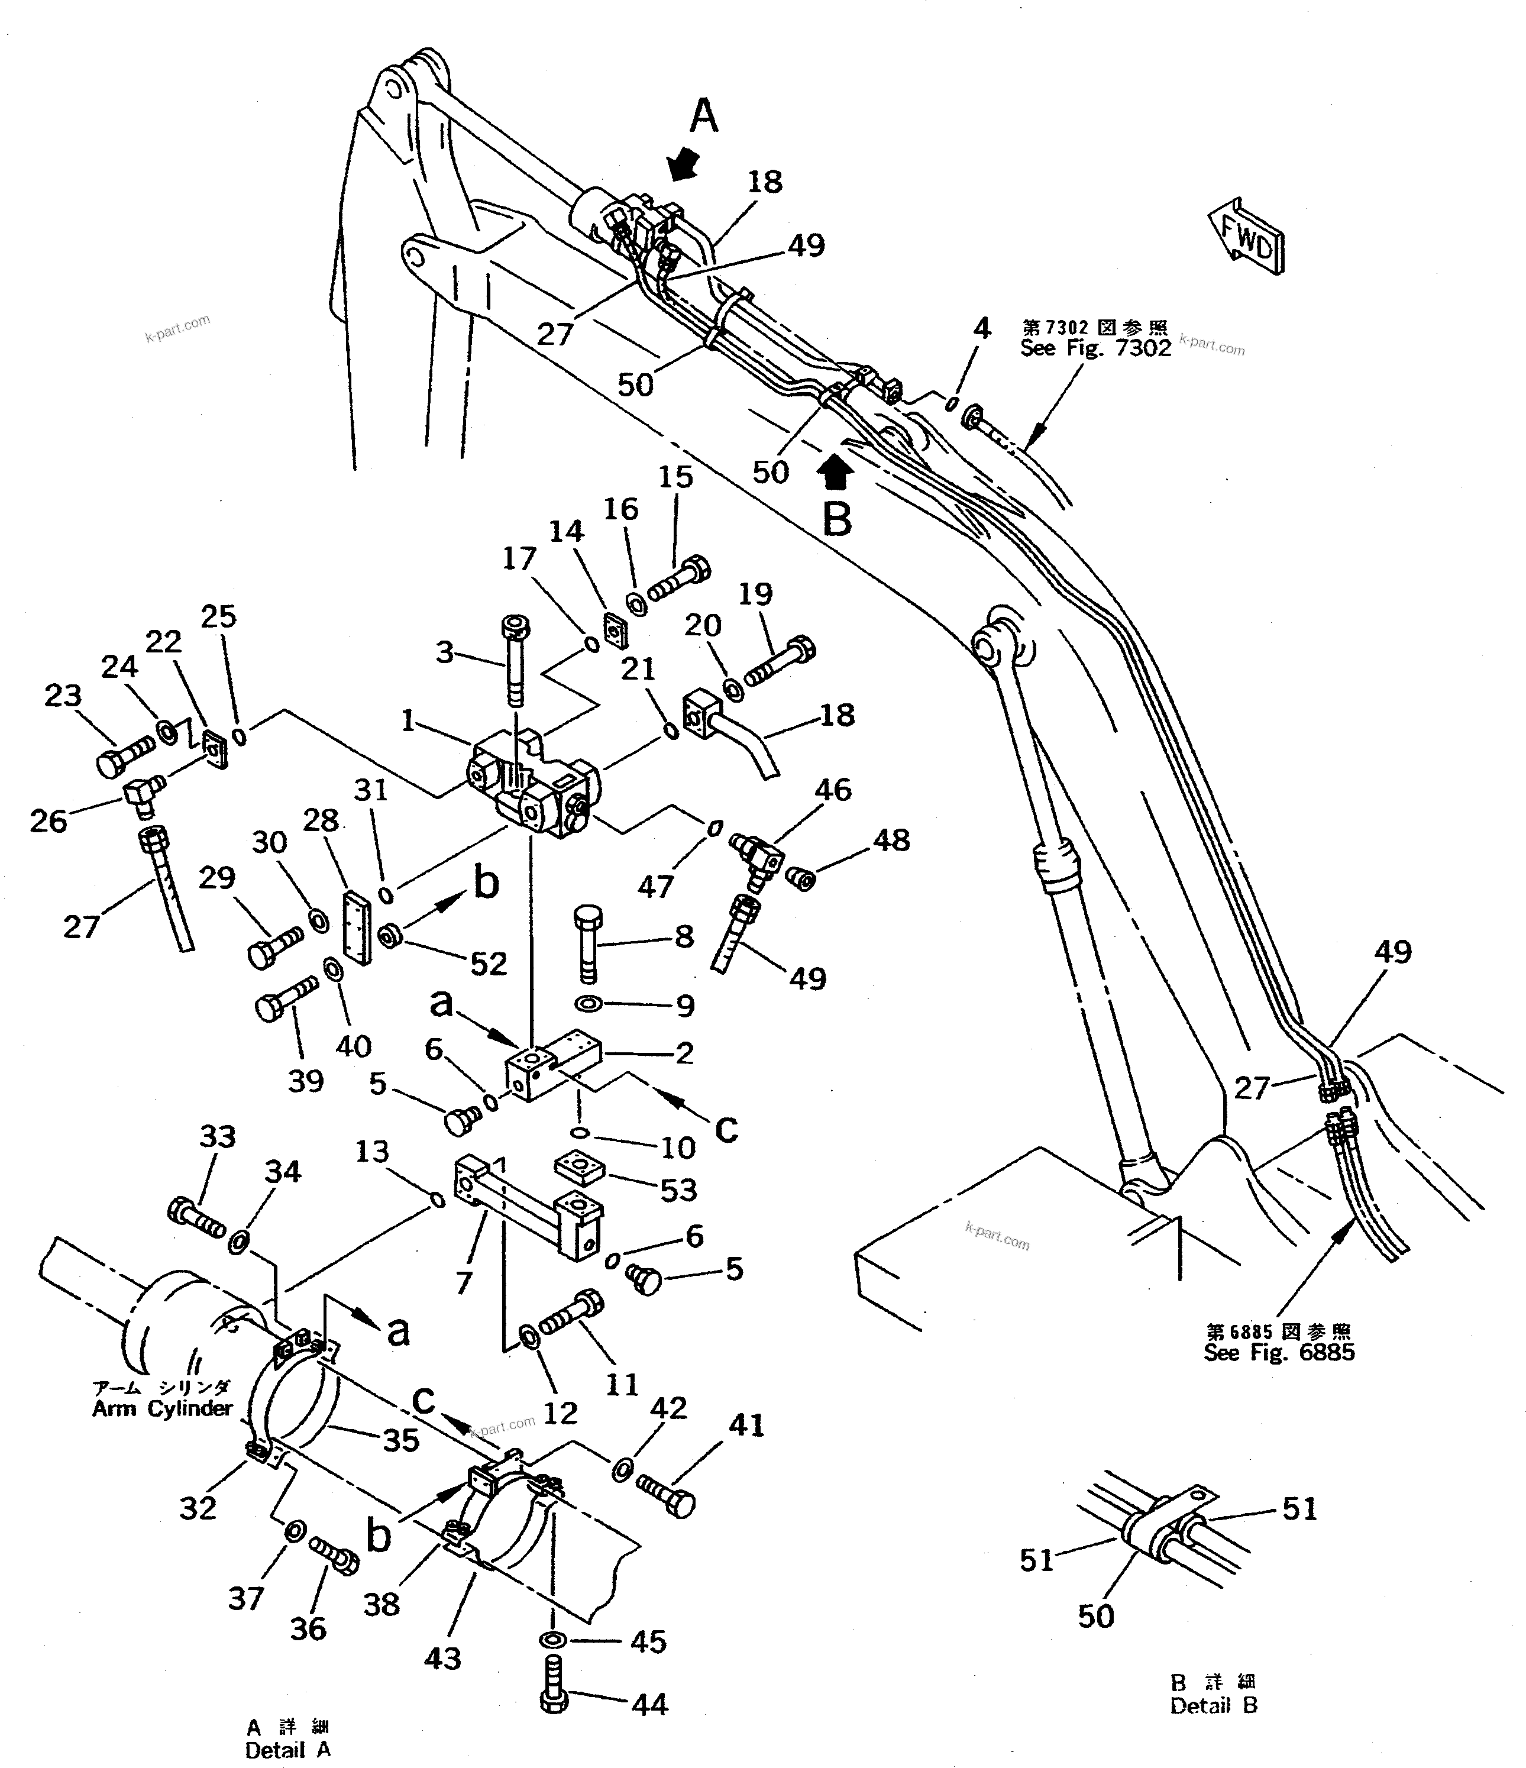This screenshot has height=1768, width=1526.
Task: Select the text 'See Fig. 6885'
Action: click(1279, 1352)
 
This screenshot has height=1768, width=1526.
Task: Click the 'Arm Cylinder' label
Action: click(162, 1409)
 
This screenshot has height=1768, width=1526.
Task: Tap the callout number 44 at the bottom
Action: click(651, 1704)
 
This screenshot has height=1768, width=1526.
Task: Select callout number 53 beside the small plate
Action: click(678, 1190)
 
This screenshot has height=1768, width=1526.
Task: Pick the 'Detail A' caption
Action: click(287, 1749)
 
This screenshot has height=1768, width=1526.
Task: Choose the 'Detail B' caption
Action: click(1213, 1706)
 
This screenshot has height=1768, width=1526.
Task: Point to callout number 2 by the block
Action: click(684, 1053)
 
